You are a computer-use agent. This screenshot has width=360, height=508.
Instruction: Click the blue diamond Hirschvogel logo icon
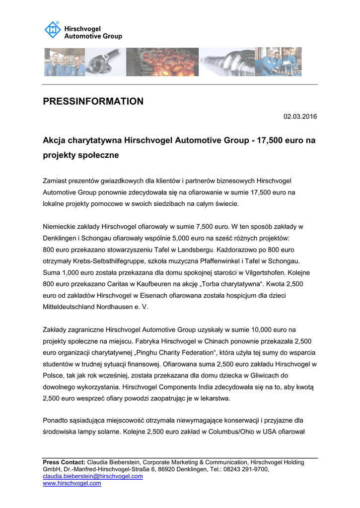[x=53, y=30]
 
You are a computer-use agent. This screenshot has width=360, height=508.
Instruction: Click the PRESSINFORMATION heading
[x=93, y=102]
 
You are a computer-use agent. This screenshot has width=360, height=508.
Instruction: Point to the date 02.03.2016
[x=300, y=117]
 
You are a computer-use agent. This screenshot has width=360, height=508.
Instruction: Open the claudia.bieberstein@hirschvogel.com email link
[x=93, y=476]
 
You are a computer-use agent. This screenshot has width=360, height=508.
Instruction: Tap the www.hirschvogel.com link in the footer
[x=72, y=483]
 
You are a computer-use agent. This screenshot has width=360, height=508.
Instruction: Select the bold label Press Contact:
[x=64, y=462]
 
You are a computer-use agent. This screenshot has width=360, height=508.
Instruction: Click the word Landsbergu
[x=193, y=250]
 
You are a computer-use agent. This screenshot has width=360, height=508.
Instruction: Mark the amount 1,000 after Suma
[x=71, y=272]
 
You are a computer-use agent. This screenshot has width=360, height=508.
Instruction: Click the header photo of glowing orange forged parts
[x=162, y=62]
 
